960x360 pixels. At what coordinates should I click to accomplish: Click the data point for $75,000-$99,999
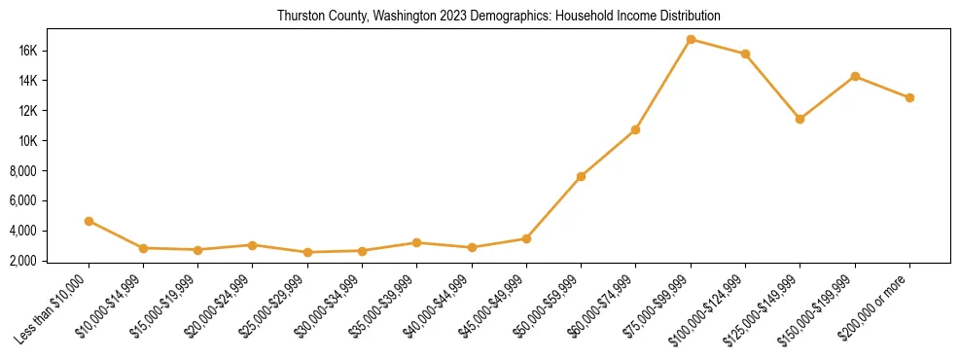pos(691,40)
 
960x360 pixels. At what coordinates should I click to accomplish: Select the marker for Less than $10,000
pos(89,221)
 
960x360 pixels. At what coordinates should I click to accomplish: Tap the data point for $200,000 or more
pos(909,97)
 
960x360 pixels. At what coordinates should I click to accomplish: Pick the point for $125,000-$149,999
pos(800,119)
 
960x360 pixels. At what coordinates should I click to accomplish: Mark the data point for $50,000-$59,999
pos(581,176)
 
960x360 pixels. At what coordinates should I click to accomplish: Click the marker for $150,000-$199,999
pos(855,76)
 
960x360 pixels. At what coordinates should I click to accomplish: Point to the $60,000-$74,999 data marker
pos(635,129)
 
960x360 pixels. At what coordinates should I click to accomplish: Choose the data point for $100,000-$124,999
pos(745,54)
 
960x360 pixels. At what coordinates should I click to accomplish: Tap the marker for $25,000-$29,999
pos(307,252)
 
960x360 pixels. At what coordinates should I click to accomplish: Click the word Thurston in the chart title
pos(300,17)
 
